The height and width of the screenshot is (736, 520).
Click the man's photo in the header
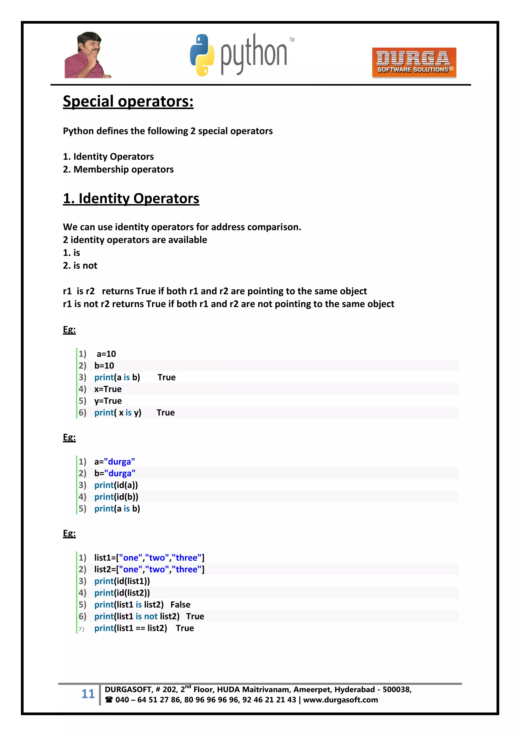[x=87, y=55]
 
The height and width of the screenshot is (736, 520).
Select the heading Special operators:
[x=128, y=101]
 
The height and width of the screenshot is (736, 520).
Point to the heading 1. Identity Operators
[x=131, y=198]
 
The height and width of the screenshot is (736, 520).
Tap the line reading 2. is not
[x=80, y=265]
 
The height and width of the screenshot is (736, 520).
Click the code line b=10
[x=104, y=365]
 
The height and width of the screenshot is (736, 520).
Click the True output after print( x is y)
[x=166, y=413]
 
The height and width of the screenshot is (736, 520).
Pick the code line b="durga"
[x=115, y=473]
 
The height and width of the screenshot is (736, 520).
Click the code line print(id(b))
[x=116, y=497]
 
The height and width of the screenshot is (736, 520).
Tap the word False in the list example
[x=180, y=605]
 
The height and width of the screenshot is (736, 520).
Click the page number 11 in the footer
[x=88, y=694]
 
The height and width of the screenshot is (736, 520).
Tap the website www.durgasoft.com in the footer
[x=340, y=700]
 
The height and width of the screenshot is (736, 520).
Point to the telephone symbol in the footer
[x=109, y=700]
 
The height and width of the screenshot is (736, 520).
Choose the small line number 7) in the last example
[x=81, y=629]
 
